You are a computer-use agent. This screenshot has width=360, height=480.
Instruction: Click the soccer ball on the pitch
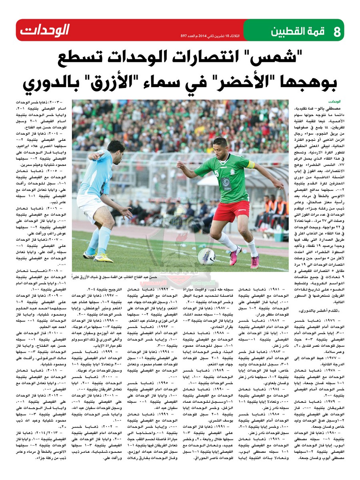206,256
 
